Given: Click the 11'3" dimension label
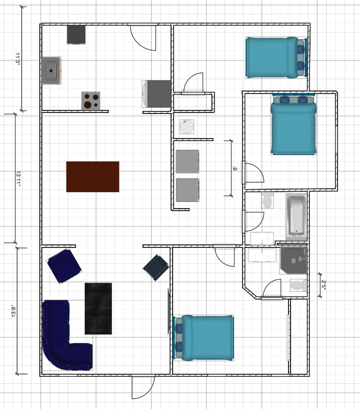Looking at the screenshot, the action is click(17, 59).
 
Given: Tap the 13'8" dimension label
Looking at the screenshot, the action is click(14, 311).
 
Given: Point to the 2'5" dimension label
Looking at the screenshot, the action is click(324, 285).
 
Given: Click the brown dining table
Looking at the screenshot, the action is click(93, 177).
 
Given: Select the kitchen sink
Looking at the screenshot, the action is click(52, 71).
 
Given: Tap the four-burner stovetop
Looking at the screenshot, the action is click(91, 101).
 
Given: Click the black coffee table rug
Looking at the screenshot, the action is click(98, 309).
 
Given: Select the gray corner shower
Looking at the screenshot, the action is click(294, 261).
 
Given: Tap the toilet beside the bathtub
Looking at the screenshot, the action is click(268, 200).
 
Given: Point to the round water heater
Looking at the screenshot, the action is click(187, 127).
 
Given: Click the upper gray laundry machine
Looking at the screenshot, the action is click(187, 162).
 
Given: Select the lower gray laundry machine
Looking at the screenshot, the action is click(187, 190).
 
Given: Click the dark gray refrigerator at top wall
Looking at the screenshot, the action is click(76, 34).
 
